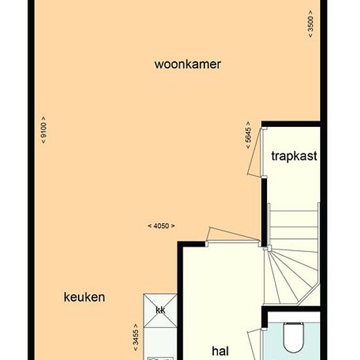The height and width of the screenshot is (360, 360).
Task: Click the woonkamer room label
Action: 188,65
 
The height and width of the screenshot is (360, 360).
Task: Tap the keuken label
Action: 84,297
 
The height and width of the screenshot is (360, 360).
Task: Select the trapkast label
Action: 294,156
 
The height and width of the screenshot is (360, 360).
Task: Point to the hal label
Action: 220,351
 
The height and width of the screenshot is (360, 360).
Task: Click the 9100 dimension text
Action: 43,130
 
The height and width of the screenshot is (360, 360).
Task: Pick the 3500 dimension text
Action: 310,24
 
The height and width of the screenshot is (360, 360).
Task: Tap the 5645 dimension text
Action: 248,135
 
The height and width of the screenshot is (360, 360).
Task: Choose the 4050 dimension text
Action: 161,226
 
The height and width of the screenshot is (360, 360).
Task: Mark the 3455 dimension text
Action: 135,337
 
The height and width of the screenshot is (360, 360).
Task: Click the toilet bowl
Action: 294,337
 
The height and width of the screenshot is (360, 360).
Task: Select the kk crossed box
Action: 160,310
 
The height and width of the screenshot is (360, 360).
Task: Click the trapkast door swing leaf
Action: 254,152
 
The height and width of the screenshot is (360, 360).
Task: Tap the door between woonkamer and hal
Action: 233,234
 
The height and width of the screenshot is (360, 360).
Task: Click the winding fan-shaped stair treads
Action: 291,276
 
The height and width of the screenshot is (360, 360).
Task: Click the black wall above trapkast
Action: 291,124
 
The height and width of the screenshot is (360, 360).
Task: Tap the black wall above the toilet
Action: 291,309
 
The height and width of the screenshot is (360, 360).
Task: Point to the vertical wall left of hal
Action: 180,301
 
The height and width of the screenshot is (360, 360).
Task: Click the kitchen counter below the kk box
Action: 160,342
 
